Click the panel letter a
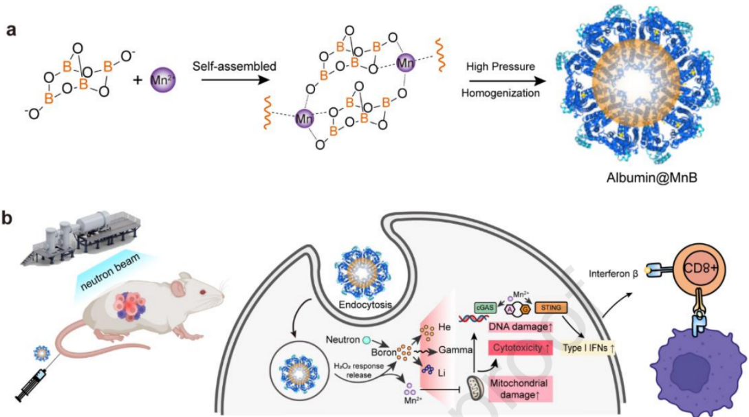click(12, 33)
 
